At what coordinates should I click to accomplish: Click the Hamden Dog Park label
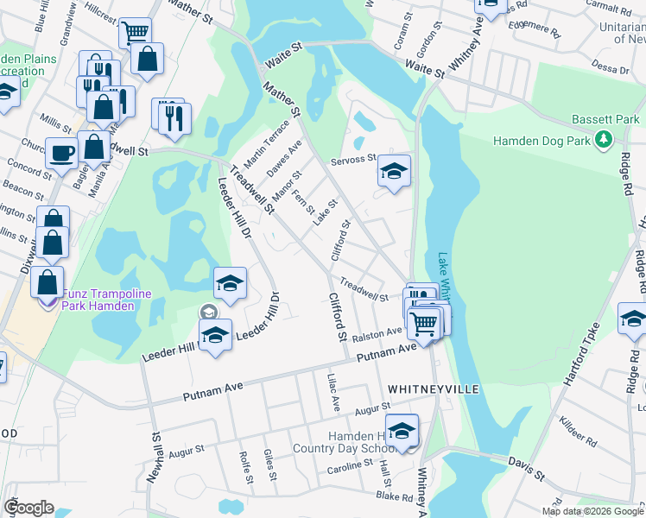(x=541, y=140)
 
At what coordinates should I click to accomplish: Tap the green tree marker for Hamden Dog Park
(x=605, y=139)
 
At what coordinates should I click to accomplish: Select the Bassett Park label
(x=603, y=120)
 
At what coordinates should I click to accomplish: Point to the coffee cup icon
(x=60, y=153)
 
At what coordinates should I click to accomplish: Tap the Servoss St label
(x=354, y=160)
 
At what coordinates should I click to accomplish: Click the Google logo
(x=28, y=508)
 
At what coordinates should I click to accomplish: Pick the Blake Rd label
(x=396, y=497)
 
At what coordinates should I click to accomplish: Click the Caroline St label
(x=349, y=467)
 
